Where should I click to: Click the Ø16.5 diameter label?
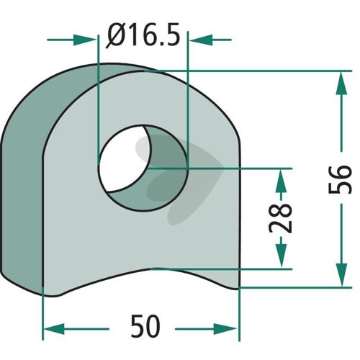point(143,35)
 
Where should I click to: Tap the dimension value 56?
point(340,179)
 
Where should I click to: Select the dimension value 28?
point(280,218)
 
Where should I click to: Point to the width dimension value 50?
point(145,326)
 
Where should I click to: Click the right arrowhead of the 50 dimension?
point(226,329)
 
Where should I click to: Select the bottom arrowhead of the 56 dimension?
point(341,275)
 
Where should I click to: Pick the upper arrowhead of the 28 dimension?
point(281,181)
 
